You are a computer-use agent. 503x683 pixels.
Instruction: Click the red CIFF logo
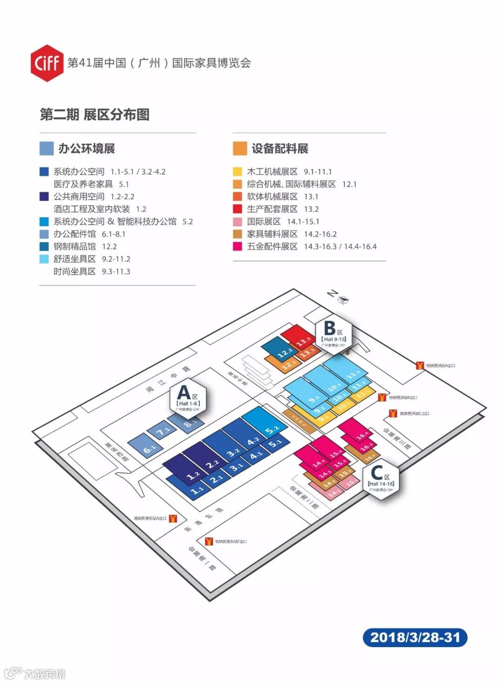pos(47,63)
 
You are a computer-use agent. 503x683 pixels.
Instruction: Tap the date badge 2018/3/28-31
pos(415,637)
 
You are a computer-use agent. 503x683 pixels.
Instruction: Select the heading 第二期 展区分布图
pos(95,115)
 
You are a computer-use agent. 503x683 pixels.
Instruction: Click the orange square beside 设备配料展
pos(240,149)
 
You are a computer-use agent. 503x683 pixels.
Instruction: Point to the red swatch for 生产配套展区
pos(238,209)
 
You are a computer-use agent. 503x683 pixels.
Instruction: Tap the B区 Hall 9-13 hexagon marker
pos(333,334)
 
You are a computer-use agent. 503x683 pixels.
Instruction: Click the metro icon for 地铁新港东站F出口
pos(209,541)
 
